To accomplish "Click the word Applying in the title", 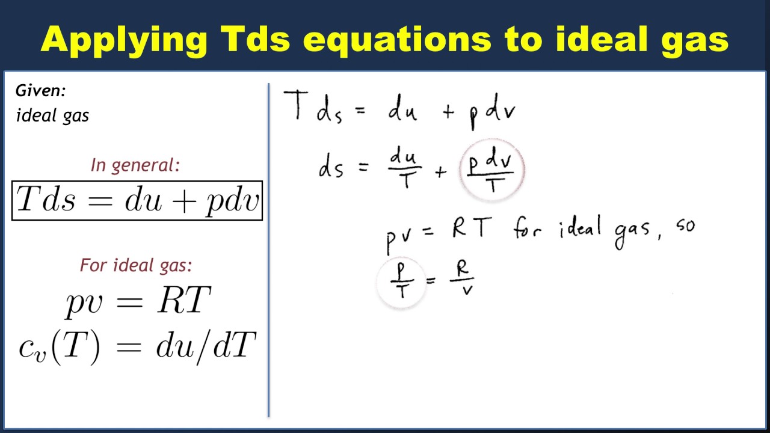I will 125,40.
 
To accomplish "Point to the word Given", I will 40,91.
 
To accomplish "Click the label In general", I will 135,165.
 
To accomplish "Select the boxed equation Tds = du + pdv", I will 137,200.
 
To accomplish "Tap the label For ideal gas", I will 136,265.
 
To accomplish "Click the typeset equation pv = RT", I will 138,300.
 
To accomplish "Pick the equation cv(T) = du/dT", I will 138,347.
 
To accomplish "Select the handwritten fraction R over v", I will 463,279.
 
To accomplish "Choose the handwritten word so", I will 685,228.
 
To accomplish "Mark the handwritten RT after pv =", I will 472,229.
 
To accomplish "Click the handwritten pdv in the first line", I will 493,112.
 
